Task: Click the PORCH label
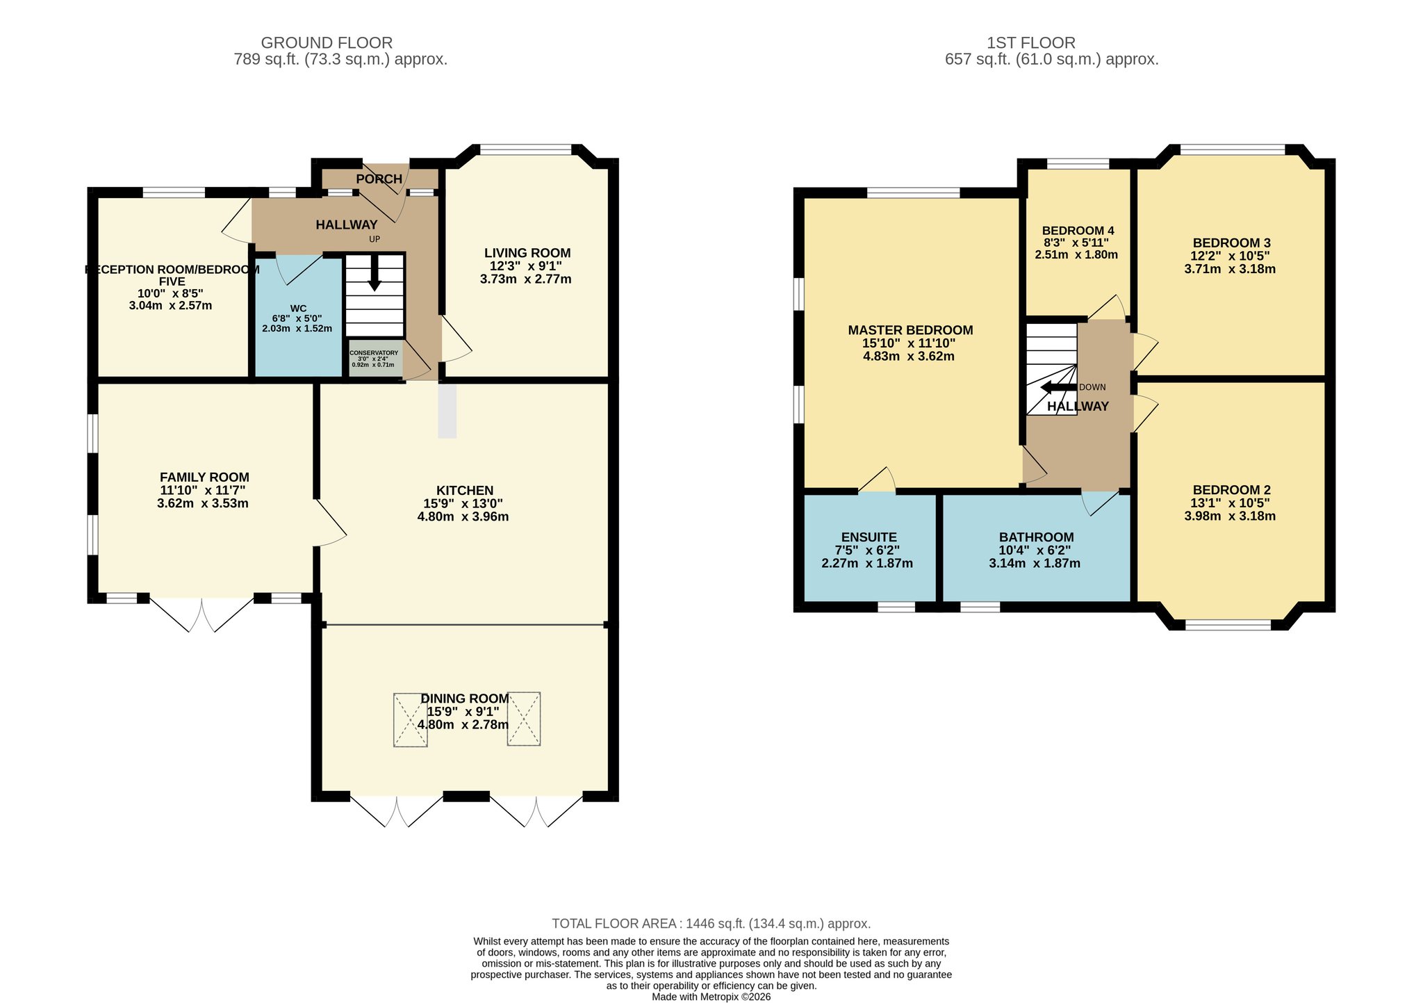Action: pos(379,179)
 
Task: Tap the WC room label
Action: pos(298,309)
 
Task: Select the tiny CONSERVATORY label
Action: pos(374,353)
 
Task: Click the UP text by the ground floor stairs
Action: pos(375,240)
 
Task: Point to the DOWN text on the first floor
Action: pos(1092,387)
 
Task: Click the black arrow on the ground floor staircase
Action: pos(375,273)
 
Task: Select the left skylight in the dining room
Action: pos(411,719)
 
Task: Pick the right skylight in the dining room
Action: pos(524,719)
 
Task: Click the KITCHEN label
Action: pos(465,491)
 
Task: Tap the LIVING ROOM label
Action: pos(527,253)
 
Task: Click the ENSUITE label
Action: pos(869,537)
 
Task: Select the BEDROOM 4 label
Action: pos(1078,231)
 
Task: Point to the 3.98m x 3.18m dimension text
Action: pos(1230,516)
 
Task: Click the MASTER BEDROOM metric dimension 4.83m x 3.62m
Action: pos(909,357)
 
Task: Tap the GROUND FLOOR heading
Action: pos(327,43)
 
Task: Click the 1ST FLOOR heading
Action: pos(1031,43)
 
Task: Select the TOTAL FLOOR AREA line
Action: pos(711,924)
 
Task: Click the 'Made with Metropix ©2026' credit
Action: pos(711,997)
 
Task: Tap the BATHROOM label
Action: pos(1036,537)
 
